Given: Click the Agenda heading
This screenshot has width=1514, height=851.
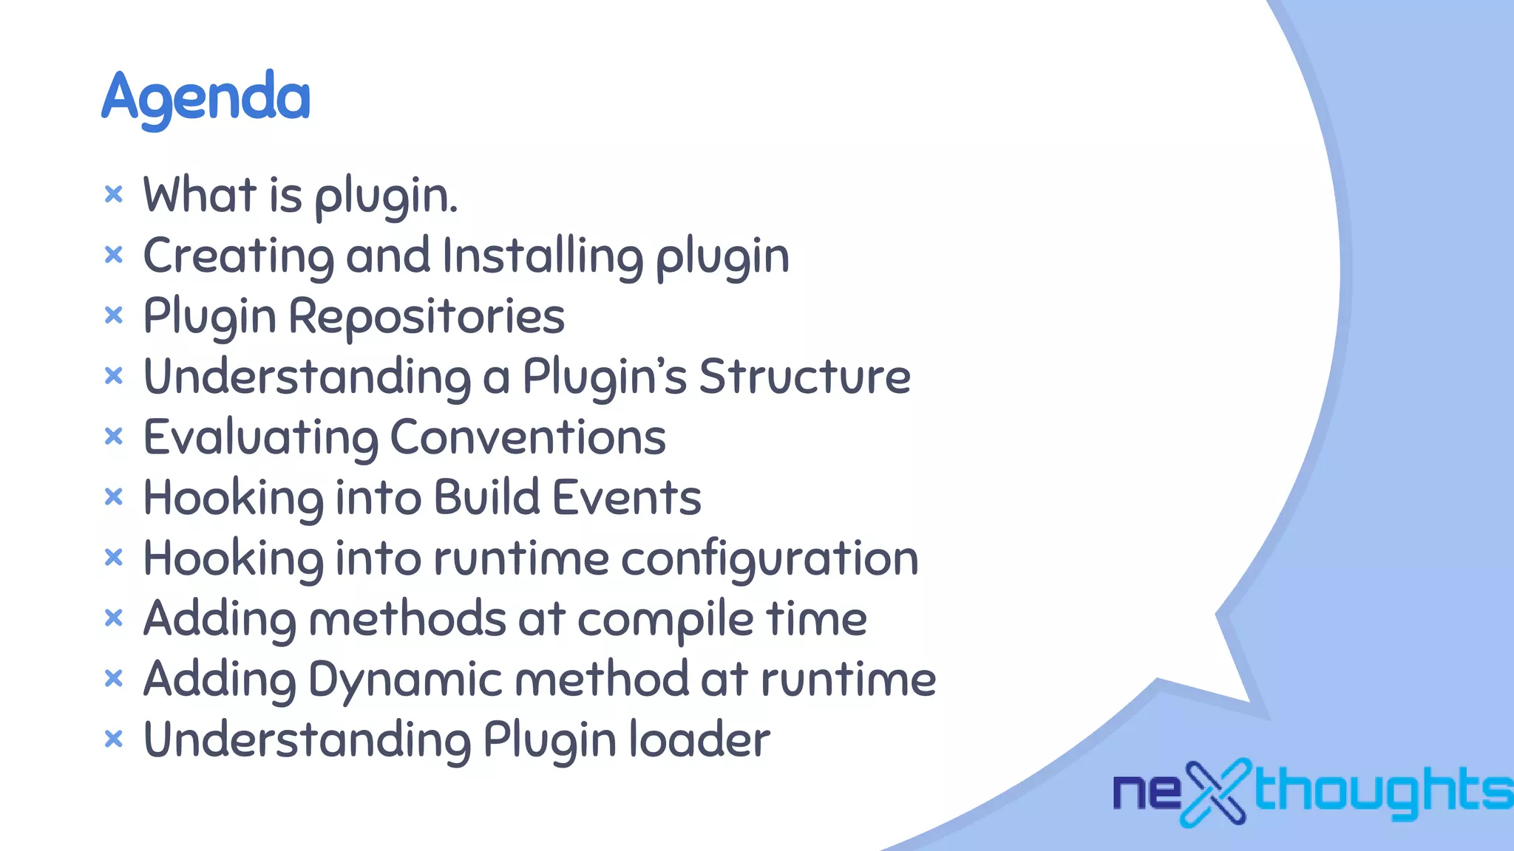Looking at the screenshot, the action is tap(206, 98).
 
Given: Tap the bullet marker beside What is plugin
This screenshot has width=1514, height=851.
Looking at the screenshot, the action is tap(113, 194).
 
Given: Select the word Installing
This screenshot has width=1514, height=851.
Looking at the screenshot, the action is tap(543, 256).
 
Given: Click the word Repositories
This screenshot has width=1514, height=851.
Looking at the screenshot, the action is tap(427, 317).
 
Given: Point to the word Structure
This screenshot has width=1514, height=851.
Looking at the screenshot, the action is tap(804, 377).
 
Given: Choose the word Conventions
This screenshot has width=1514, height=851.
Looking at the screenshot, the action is tap(528, 437).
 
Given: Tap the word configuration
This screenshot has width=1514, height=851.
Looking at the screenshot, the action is tap(770, 558).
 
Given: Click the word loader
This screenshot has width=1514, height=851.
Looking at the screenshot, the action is tap(699, 739).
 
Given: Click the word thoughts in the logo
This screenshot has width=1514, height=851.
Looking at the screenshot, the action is tap(1382, 790).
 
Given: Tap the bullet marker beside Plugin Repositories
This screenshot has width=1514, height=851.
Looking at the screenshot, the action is tap(113, 315).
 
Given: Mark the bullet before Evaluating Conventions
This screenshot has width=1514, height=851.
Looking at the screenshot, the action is tap(113, 437).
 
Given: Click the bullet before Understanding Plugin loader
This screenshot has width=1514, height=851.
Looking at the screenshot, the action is tap(113, 739).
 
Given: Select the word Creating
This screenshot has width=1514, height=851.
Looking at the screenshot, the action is tap(238, 256).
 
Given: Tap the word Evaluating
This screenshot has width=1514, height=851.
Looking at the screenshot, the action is tap(260, 437).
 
